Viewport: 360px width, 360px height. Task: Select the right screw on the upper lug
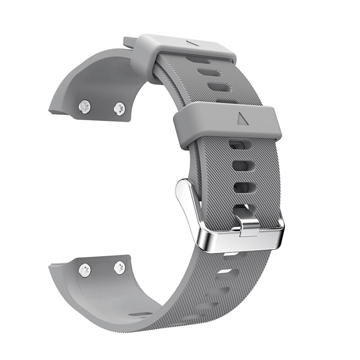[120, 108]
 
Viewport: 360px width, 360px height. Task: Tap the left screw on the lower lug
[85, 270]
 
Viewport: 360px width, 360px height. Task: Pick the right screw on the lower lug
[120, 267]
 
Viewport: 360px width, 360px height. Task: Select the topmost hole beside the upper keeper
[198, 60]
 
